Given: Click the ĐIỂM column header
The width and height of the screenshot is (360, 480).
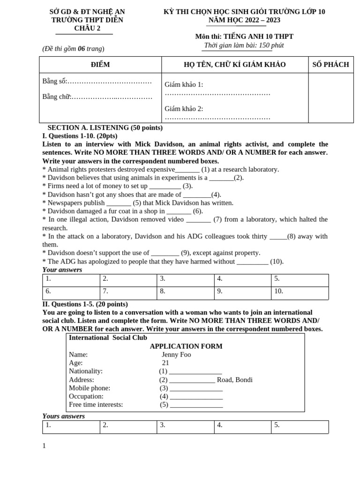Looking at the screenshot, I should tap(100, 65).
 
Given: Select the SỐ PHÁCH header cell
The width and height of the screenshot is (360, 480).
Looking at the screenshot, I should tap(330, 65).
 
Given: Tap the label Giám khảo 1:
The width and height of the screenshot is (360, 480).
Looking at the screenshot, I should tap(184, 84).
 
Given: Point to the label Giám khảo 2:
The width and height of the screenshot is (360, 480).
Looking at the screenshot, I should tap(184, 109).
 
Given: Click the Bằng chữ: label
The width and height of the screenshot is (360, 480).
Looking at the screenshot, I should tap(56, 97).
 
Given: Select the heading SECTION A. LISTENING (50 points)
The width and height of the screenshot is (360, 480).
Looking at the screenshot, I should tap(105, 127).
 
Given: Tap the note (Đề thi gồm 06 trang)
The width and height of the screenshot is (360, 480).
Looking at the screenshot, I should tap(73, 49).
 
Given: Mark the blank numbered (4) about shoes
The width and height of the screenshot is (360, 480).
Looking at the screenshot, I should tap(196, 195).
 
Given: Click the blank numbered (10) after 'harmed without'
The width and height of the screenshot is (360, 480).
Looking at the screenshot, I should tap(252, 262).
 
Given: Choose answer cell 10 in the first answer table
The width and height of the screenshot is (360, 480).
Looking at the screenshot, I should tap(300, 291).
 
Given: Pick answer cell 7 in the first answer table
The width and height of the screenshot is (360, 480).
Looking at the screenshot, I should tap(128, 291).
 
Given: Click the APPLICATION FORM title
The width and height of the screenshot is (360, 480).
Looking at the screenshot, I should tap(186, 346).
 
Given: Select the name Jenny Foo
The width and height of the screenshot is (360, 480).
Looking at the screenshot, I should tap(176, 354).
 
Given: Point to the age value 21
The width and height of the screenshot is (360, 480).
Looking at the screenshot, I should tap(165, 363).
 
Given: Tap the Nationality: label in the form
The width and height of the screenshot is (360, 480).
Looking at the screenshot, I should tap(86, 371).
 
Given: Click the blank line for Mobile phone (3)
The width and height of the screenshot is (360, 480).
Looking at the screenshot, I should tap(196, 389).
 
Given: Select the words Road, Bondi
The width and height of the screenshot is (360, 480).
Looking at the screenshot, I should tap(234, 380).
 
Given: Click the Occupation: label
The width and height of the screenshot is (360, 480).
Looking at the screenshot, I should tap(86, 397).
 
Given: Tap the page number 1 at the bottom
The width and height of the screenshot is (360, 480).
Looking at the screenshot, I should tap(44, 446).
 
